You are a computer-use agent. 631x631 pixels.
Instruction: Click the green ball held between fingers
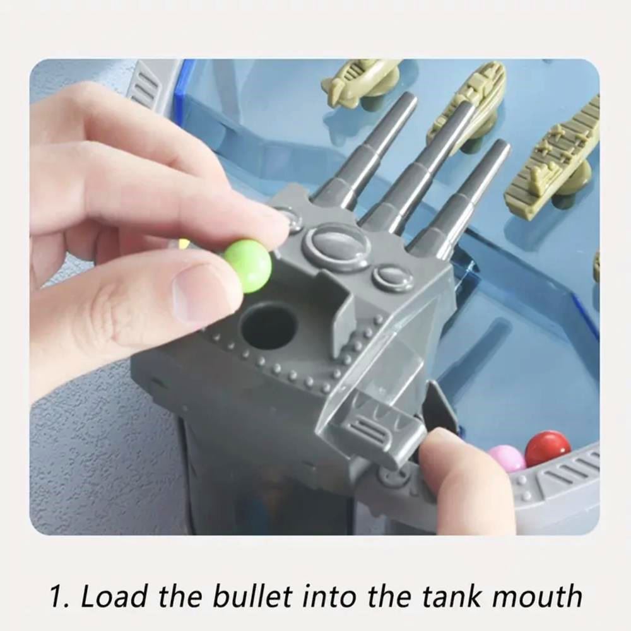click(x=247, y=265)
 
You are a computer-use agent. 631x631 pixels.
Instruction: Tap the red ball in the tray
click(x=548, y=449)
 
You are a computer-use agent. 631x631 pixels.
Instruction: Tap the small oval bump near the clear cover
click(x=392, y=277)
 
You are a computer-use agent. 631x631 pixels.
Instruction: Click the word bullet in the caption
click(x=252, y=596)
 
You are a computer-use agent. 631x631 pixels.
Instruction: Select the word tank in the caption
click(x=448, y=596)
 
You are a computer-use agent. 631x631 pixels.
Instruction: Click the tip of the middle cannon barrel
click(x=466, y=106)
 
